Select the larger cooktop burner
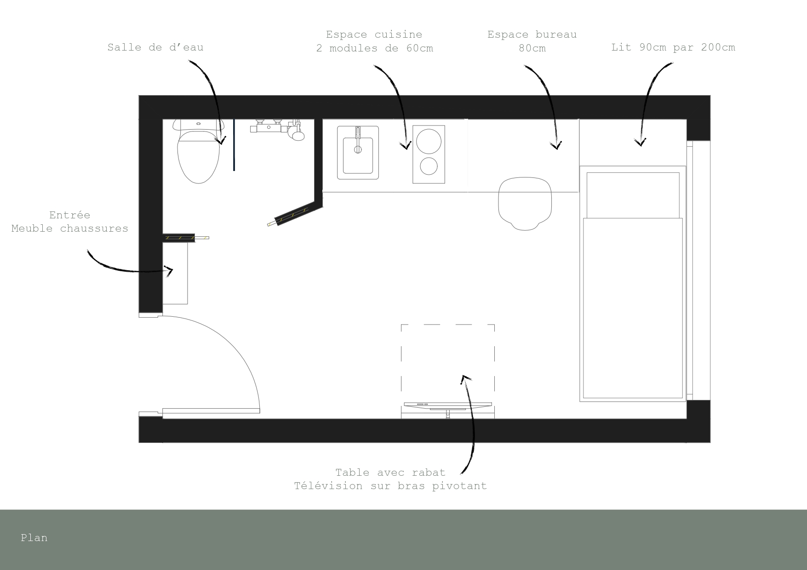tap(429, 142)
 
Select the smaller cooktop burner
tap(429, 166)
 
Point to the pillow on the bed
tap(633, 195)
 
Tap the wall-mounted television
tap(448, 405)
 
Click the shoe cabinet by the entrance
tap(175, 273)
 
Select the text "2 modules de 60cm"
tap(375, 48)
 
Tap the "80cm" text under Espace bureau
tap(532, 48)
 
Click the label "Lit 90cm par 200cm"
tap(673, 47)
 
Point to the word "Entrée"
tap(70, 215)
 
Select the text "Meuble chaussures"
tap(70, 228)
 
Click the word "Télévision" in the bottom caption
tap(328, 486)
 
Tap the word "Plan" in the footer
tap(34, 538)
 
